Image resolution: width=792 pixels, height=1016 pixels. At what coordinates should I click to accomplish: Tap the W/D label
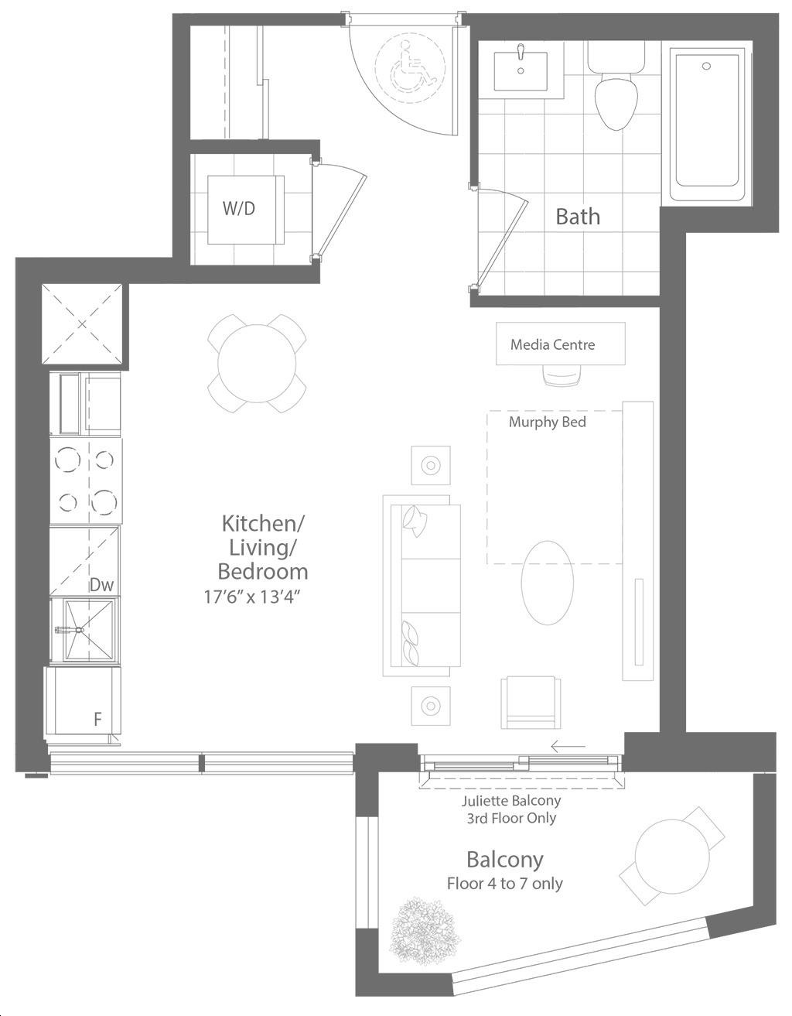(239, 208)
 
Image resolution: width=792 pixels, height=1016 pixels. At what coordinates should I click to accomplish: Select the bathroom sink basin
(521, 71)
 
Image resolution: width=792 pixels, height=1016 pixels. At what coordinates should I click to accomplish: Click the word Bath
(578, 217)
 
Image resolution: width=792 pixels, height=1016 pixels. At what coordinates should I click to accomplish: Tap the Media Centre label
(553, 344)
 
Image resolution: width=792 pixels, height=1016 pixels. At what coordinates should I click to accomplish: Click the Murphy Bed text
(547, 422)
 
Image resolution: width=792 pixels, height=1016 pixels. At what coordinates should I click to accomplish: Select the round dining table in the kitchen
(257, 363)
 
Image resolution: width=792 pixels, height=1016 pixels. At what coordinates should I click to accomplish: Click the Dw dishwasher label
(101, 584)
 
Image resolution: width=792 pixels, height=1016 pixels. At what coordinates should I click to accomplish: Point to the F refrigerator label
(97, 719)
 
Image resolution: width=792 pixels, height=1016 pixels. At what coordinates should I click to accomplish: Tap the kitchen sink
(85, 630)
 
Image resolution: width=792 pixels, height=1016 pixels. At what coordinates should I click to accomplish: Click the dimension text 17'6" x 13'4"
(251, 597)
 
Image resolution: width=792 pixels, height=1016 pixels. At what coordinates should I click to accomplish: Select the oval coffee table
(547, 583)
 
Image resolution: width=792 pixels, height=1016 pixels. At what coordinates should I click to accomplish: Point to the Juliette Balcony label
(511, 800)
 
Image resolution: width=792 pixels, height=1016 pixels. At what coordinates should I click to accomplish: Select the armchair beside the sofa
(531, 702)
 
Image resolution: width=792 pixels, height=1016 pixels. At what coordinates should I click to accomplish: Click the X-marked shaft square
(82, 323)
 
